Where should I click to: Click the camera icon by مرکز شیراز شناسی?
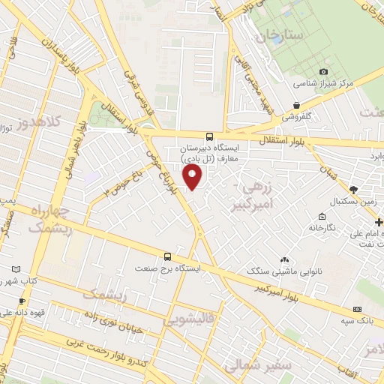tap(324, 72)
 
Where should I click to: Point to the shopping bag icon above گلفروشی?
tap(298, 105)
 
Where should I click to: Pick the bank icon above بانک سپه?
tap(357, 309)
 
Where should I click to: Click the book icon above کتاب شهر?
tap(17, 268)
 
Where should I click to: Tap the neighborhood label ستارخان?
tap(279, 35)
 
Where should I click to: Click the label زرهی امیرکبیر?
tap(258, 195)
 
